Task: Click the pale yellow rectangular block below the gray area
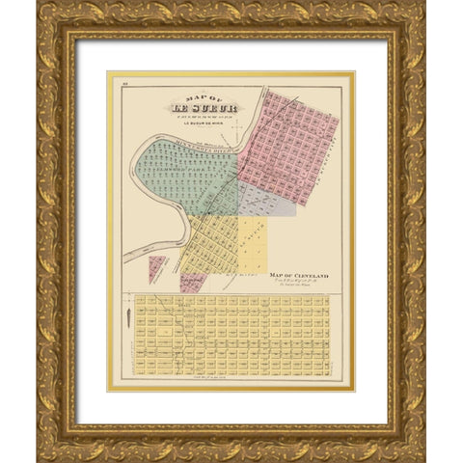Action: [x=253, y=241]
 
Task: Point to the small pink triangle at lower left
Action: [x=154, y=267]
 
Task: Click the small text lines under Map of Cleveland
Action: [x=299, y=286]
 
